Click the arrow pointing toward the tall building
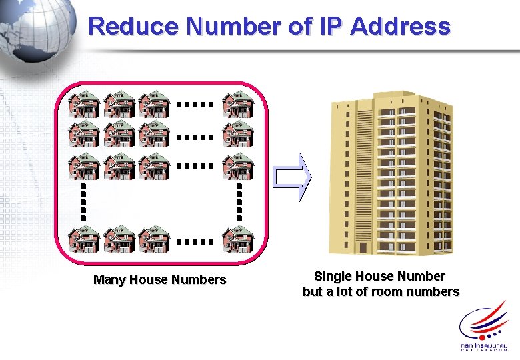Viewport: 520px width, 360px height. (293, 177)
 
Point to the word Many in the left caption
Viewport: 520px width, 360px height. (108, 280)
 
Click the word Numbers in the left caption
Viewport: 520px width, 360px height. (199, 280)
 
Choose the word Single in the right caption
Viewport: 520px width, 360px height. (332, 276)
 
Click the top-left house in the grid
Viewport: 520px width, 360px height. (84, 105)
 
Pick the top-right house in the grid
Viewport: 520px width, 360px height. (237, 105)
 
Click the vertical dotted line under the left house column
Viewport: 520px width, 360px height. (84, 201)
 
